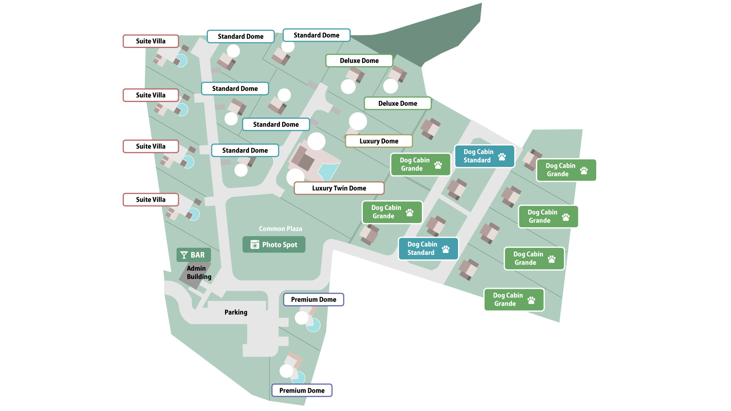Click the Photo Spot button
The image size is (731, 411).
coord(274,245)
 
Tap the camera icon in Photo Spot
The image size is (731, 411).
coord(255,245)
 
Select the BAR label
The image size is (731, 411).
coord(193,255)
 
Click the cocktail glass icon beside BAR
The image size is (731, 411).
coord(184,255)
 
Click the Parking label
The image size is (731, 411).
coord(236,312)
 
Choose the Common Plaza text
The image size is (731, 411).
coord(280,229)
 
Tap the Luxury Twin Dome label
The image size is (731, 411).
coord(339,188)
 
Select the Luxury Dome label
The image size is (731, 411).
coord(378,141)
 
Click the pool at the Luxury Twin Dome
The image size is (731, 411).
coord(328,171)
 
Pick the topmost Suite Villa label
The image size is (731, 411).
coord(151,41)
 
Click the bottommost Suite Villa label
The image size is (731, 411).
coord(151,199)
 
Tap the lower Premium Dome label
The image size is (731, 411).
coord(302,390)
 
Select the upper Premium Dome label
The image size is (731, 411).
coord(313,299)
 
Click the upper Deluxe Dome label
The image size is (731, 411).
coord(359,61)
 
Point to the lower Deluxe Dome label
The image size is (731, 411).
coord(397,104)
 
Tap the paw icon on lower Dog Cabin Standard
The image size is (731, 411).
coord(446,249)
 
